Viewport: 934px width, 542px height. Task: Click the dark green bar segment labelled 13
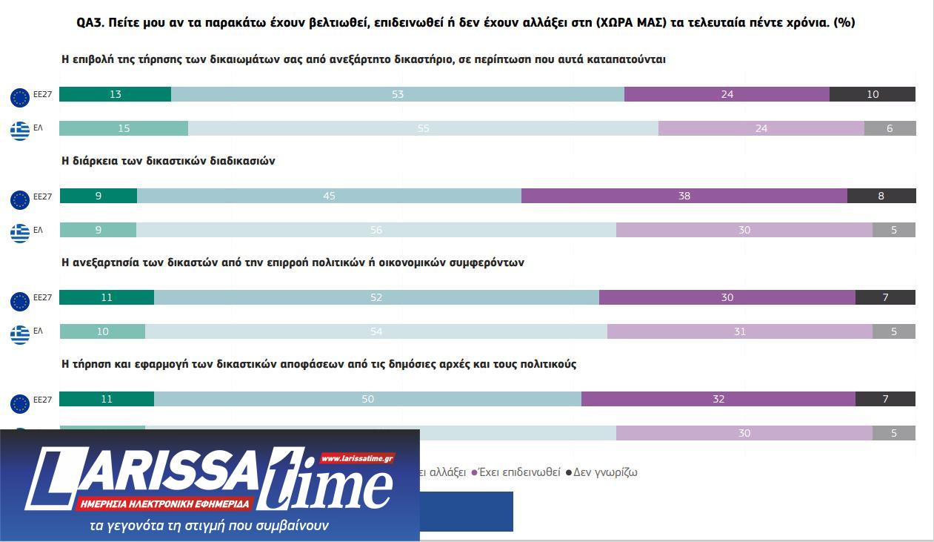[x=115, y=94]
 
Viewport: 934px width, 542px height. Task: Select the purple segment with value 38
[x=684, y=196]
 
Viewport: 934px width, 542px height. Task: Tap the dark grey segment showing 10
[x=872, y=94]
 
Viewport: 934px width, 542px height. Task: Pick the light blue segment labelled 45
[x=329, y=196]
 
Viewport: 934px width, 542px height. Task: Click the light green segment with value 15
[x=124, y=128]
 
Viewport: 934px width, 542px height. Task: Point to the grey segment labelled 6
[x=890, y=128]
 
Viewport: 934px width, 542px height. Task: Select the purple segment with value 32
[x=718, y=399]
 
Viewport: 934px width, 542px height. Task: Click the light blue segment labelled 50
[x=367, y=399]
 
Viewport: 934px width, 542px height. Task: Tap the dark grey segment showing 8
[x=881, y=196]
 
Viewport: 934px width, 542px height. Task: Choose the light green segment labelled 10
[x=102, y=331]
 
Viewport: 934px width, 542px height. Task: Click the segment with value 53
[x=398, y=94]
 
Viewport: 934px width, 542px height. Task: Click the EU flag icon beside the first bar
[x=20, y=97]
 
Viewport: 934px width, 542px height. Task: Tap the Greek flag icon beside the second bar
[x=20, y=131]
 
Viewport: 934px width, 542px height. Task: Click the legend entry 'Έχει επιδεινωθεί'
[x=519, y=472]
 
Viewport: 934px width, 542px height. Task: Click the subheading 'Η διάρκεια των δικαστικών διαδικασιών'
[x=168, y=161]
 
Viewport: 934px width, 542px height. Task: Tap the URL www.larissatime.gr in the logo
[x=358, y=459]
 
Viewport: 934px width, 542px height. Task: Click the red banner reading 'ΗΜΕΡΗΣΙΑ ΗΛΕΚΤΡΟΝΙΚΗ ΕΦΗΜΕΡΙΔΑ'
[x=164, y=504]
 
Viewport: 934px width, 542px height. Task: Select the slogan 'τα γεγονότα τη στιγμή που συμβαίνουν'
[x=208, y=526]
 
